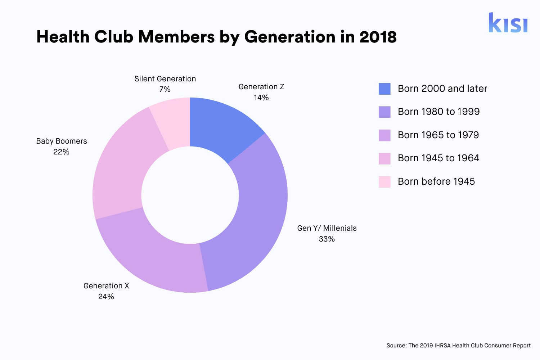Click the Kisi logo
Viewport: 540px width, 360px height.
click(x=508, y=23)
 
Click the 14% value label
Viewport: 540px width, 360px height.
click(x=261, y=98)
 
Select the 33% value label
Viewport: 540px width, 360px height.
click(x=327, y=239)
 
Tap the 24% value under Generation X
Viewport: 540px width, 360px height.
click(x=106, y=297)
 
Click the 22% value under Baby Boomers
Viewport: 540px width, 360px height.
click(x=61, y=152)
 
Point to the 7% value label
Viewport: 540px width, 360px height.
click(x=165, y=89)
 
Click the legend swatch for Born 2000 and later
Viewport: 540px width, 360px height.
click(x=384, y=89)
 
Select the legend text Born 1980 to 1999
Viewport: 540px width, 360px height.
click(x=438, y=112)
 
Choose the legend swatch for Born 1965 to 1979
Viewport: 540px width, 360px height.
click(x=384, y=135)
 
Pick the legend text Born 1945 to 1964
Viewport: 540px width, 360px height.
click(x=438, y=158)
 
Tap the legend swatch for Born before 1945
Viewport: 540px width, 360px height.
click(x=384, y=182)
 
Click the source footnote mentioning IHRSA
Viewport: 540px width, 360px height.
click(x=458, y=346)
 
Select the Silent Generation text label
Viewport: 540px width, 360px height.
click(x=165, y=79)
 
